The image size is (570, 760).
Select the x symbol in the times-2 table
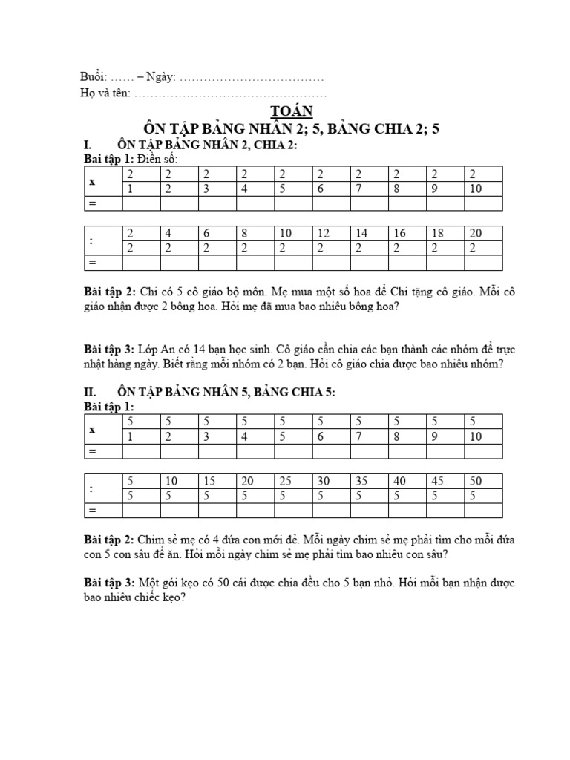[x=92, y=181]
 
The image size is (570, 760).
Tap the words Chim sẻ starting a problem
[x=153, y=540]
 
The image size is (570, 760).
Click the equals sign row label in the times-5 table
[x=93, y=451]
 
